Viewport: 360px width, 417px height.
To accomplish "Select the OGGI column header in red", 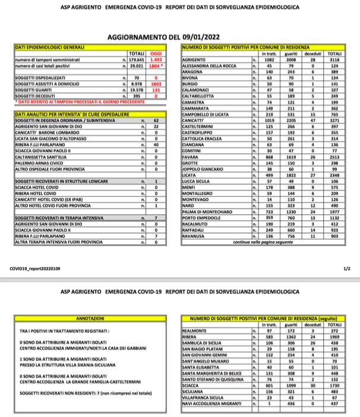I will click(157, 50).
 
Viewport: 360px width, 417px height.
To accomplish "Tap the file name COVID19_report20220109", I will click(36, 268).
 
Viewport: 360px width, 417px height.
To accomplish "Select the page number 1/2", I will click(346, 268).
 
